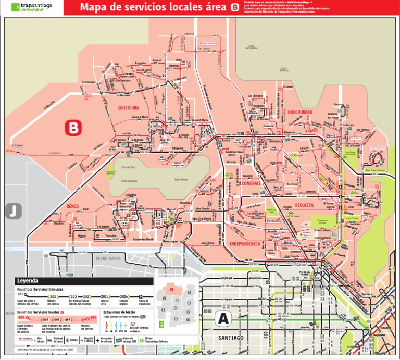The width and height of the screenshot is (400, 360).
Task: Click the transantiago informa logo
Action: coord(32,7)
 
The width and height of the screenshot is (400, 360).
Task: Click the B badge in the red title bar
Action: coord(235,7)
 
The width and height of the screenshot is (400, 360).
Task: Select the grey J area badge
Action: coord(12,211)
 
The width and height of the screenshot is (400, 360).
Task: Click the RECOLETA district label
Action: coord(305,205)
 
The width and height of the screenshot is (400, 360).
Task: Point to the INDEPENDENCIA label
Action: coord(244,244)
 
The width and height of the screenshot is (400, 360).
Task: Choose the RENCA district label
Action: coord(72,207)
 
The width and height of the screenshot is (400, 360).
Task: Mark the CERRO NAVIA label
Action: coord(108,257)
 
